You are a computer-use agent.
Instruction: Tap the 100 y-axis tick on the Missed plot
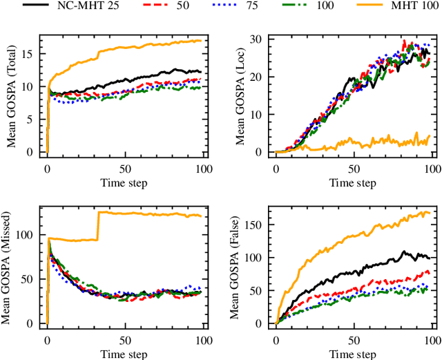(x=28, y=235)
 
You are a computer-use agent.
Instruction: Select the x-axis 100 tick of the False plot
(x=430, y=339)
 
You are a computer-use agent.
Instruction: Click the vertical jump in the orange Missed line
(x=98, y=226)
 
